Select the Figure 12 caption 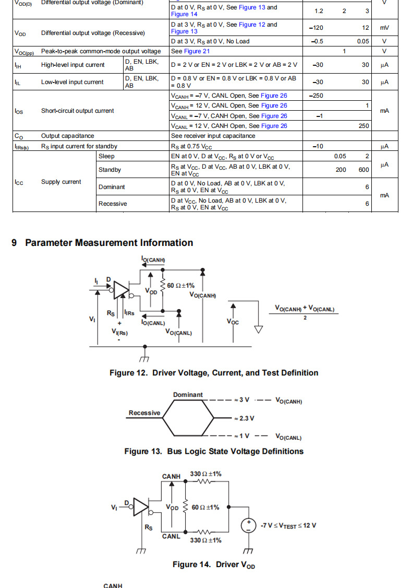pyautogui.click(x=214, y=373)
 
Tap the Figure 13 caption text pyautogui.click(x=214, y=451)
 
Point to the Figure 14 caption pyautogui.click(x=214, y=565)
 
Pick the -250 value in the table pyautogui.click(x=316, y=96)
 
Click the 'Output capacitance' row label pyautogui.click(x=68, y=136)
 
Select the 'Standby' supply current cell pyautogui.click(x=110, y=170)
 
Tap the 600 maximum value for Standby pyautogui.click(x=363, y=170)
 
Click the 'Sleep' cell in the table pyautogui.click(x=106, y=156)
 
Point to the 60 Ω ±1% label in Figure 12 pyautogui.click(x=180, y=286)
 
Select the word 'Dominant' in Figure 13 pyautogui.click(x=188, y=395)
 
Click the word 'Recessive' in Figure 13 pyautogui.click(x=144, y=413)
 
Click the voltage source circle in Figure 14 pyautogui.click(x=248, y=526)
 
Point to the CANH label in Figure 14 pyautogui.click(x=171, y=476)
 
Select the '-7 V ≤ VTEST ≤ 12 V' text pyautogui.click(x=288, y=526)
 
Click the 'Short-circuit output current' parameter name pyautogui.click(x=78, y=111)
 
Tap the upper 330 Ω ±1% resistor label pyautogui.click(x=205, y=474)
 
